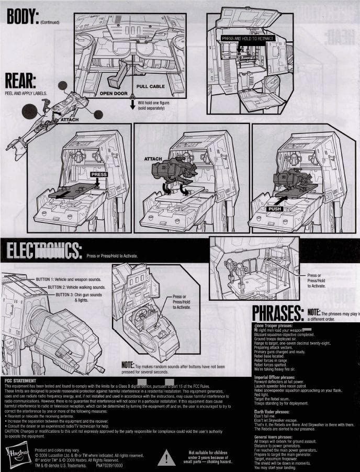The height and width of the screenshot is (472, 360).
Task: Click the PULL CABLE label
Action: [x=150, y=86]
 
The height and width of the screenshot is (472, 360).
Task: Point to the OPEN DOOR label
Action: [x=114, y=94]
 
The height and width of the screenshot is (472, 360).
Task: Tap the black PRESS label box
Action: [x=99, y=174]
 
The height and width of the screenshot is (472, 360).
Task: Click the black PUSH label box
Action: [x=275, y=208]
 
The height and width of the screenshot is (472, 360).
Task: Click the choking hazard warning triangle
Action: [x=167, y=458]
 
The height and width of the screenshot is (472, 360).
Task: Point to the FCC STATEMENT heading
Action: [x=20, y=381]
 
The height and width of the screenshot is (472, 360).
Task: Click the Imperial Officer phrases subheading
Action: [x=278, y=377]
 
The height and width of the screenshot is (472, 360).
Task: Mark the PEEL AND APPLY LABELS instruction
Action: [x=25, y=93]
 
